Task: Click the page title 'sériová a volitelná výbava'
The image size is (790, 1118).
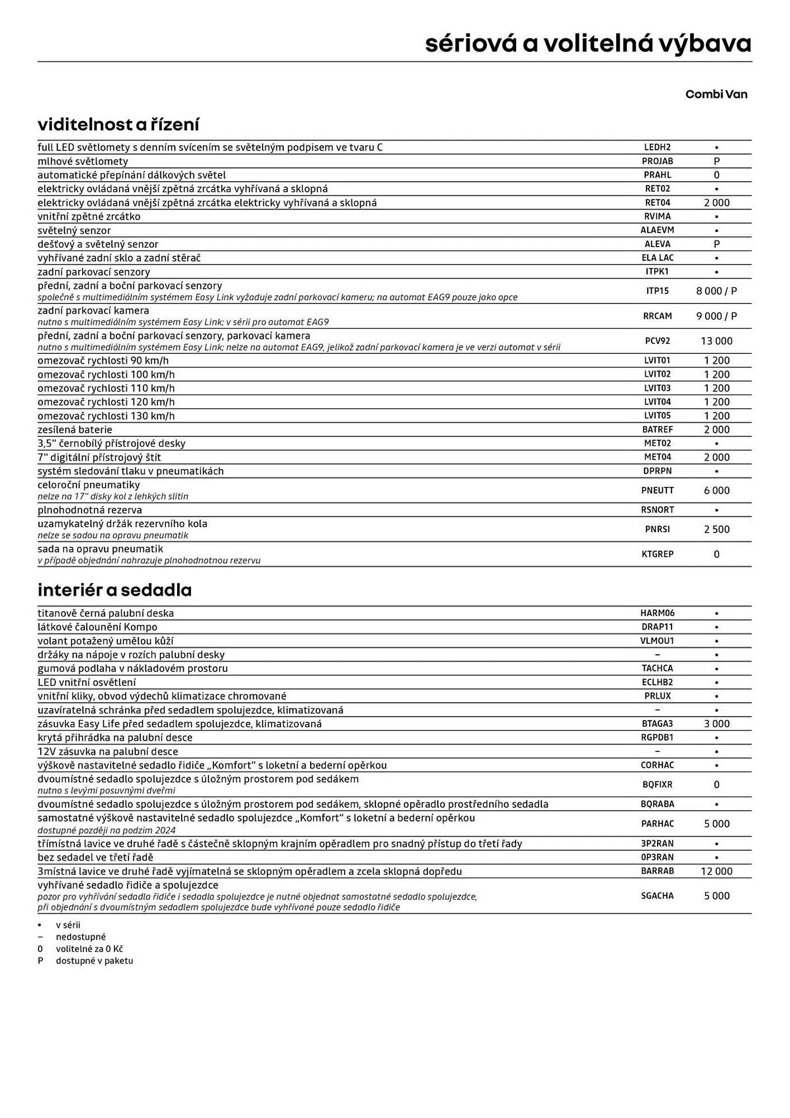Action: coord(588,44)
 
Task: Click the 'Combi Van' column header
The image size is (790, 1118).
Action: coord(716,94)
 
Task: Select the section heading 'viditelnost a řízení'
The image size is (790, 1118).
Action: coord(118,124)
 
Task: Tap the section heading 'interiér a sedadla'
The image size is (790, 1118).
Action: coord(115,590)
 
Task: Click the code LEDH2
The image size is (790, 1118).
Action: coord(657,147)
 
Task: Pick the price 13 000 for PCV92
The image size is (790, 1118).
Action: coord(716,341)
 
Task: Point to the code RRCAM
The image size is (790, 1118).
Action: coord(657,316)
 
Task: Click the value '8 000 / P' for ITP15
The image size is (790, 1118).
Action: coord(716,291)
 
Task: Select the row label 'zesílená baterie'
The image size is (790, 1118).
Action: coord(75,429)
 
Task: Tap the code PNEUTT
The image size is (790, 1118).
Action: coord(657,490)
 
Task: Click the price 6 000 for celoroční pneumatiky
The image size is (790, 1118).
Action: coord(716,490)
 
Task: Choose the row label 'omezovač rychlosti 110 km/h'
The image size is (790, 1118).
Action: coord(106,388)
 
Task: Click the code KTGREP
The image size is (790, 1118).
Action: coord(657,554)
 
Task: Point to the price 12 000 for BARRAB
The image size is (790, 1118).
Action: coord(716,871)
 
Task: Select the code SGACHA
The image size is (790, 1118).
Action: coord(657,896)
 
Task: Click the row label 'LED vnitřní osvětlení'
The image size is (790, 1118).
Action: coord(87,682)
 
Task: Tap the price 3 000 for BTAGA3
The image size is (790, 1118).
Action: coord(716,723)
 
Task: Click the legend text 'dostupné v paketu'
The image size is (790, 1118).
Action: coord(94,960)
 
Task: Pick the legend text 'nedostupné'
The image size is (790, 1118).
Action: coord(80,936)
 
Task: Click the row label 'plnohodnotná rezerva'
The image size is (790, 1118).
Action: coord(90,510)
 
